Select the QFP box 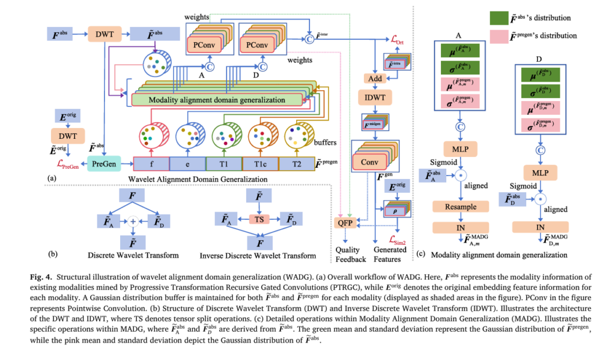345,222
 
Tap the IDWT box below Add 374,97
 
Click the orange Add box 375,79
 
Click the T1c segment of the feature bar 259,163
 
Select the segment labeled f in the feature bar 151,163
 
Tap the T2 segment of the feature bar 296,163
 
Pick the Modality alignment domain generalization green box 217,99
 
